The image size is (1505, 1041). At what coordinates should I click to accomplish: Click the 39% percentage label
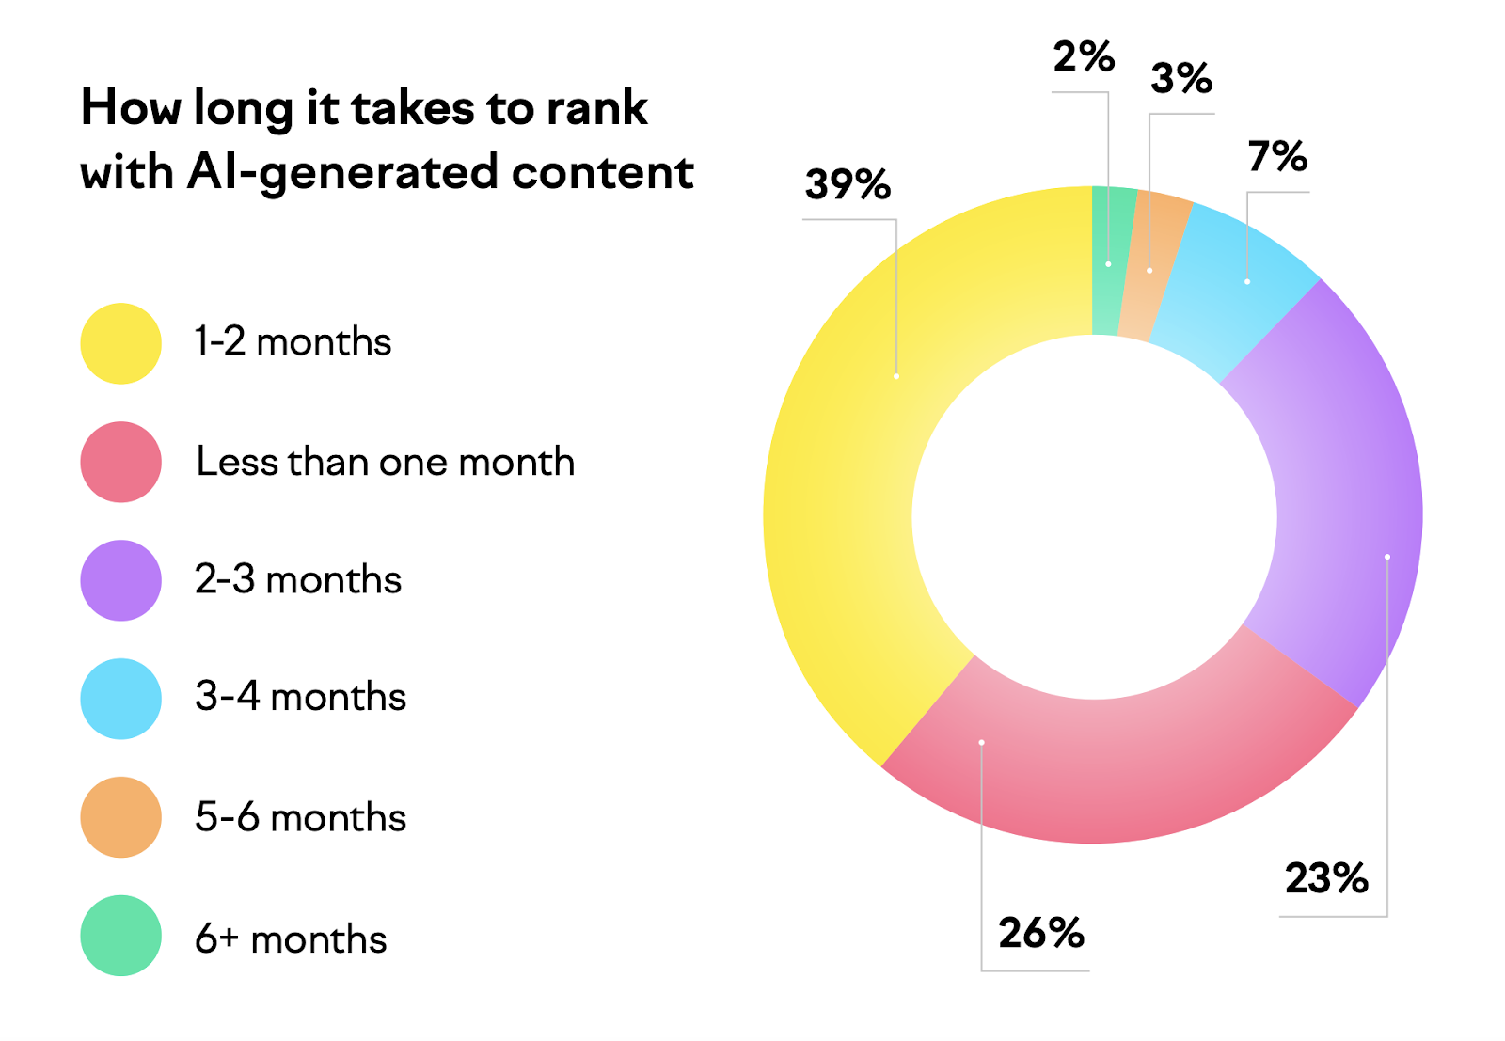tap(848, 184)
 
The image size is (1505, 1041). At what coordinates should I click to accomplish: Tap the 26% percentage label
tap(1041, 933)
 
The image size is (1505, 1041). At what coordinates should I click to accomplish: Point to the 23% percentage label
tap(1326, 878)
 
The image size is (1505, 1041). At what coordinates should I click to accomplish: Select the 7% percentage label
tap(1277, 156)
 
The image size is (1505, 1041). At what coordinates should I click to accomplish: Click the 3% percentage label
tap(1181, 78)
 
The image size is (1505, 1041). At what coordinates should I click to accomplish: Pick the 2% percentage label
tap(1084, 57)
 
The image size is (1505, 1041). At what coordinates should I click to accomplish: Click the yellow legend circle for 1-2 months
tap(120, 343)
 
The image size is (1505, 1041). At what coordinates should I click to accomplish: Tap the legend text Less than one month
tap(385, 462)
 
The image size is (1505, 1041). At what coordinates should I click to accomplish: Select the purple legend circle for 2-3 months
tap(120, 580)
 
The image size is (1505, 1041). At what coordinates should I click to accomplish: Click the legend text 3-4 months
tap(300, 697)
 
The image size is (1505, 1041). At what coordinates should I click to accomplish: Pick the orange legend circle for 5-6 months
tap(120, 817)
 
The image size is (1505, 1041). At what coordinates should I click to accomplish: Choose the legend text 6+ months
tap(291, 938)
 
